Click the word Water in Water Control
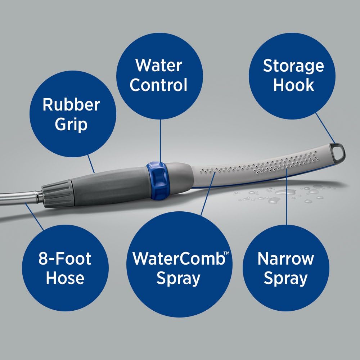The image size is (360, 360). click(x=158, y=66)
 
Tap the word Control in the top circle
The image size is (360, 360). click(x=158, y=85)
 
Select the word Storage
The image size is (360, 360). click(x=293, y=66)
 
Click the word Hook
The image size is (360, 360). click(x=293, y=85)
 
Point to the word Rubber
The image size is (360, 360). click(x=71, y=105)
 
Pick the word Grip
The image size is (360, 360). click(x=71, y=124)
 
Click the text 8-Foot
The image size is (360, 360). click(x=65, y=259)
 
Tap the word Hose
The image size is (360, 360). click(x=65, y=278)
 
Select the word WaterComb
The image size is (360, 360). click(x=178, y=259)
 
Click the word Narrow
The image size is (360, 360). click(x=285, y=259)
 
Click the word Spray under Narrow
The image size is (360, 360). click(x=285, y=278)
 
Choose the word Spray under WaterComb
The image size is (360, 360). click(x=178, y=278)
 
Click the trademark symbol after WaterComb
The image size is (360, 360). click(x=228, y=254)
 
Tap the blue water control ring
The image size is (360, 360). click(x=157, y=180)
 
